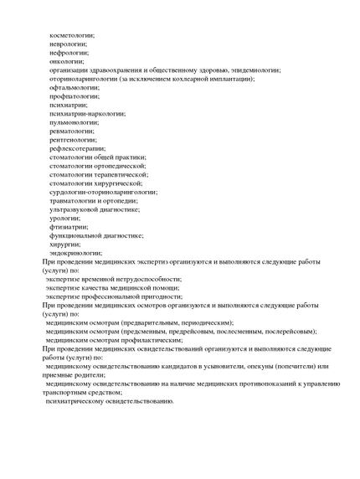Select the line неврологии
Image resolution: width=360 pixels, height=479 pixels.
(69, 44)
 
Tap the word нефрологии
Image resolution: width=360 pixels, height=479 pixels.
(69, 52)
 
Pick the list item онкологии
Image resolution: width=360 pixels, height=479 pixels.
(67, 61)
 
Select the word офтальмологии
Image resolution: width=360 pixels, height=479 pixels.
(75, 87)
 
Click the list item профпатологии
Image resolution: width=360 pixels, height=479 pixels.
(75, 96)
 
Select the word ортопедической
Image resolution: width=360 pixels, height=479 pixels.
(121, 166)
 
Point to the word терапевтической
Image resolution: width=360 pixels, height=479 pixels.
(123, 174)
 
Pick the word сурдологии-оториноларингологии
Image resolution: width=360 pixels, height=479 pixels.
(103, 192)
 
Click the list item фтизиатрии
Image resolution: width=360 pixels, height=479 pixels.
(69, 226)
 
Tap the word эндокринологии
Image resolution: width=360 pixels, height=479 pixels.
(76, 252)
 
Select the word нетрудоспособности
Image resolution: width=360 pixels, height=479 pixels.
(149, 279)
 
